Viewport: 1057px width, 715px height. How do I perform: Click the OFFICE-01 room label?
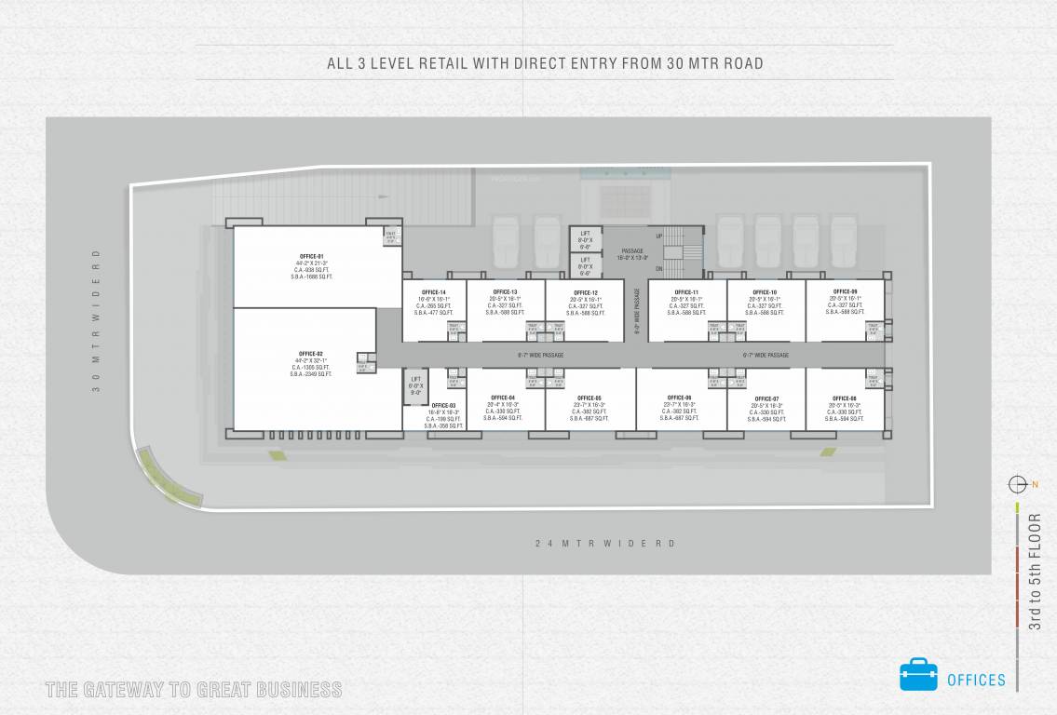tap(311, 256)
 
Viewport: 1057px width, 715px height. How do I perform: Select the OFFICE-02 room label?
tap(311, 354)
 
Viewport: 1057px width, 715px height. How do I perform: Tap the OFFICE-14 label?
tap(434, 292)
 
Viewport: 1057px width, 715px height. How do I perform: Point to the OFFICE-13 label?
tap(506, 292)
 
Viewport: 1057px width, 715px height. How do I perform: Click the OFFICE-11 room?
tap(686, 292)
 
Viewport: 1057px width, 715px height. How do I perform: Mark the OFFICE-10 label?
tap(765, 292)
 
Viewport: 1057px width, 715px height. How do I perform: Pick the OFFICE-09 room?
tap(845, 291)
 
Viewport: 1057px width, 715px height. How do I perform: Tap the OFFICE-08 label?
tap(845, 398)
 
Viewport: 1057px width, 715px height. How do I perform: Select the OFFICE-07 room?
tap(766, 399)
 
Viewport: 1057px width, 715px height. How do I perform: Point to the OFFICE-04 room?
tap(503, 398)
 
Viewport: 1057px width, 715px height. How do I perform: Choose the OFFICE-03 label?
tap(443, 406)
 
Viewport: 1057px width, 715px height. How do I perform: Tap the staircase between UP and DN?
tap(685, 251)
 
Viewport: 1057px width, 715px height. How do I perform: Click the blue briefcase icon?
tap(918, 675)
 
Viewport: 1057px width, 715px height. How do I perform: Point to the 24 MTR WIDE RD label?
tap(604, 543)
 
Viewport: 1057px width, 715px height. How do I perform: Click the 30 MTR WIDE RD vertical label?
tap(96, 320)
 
